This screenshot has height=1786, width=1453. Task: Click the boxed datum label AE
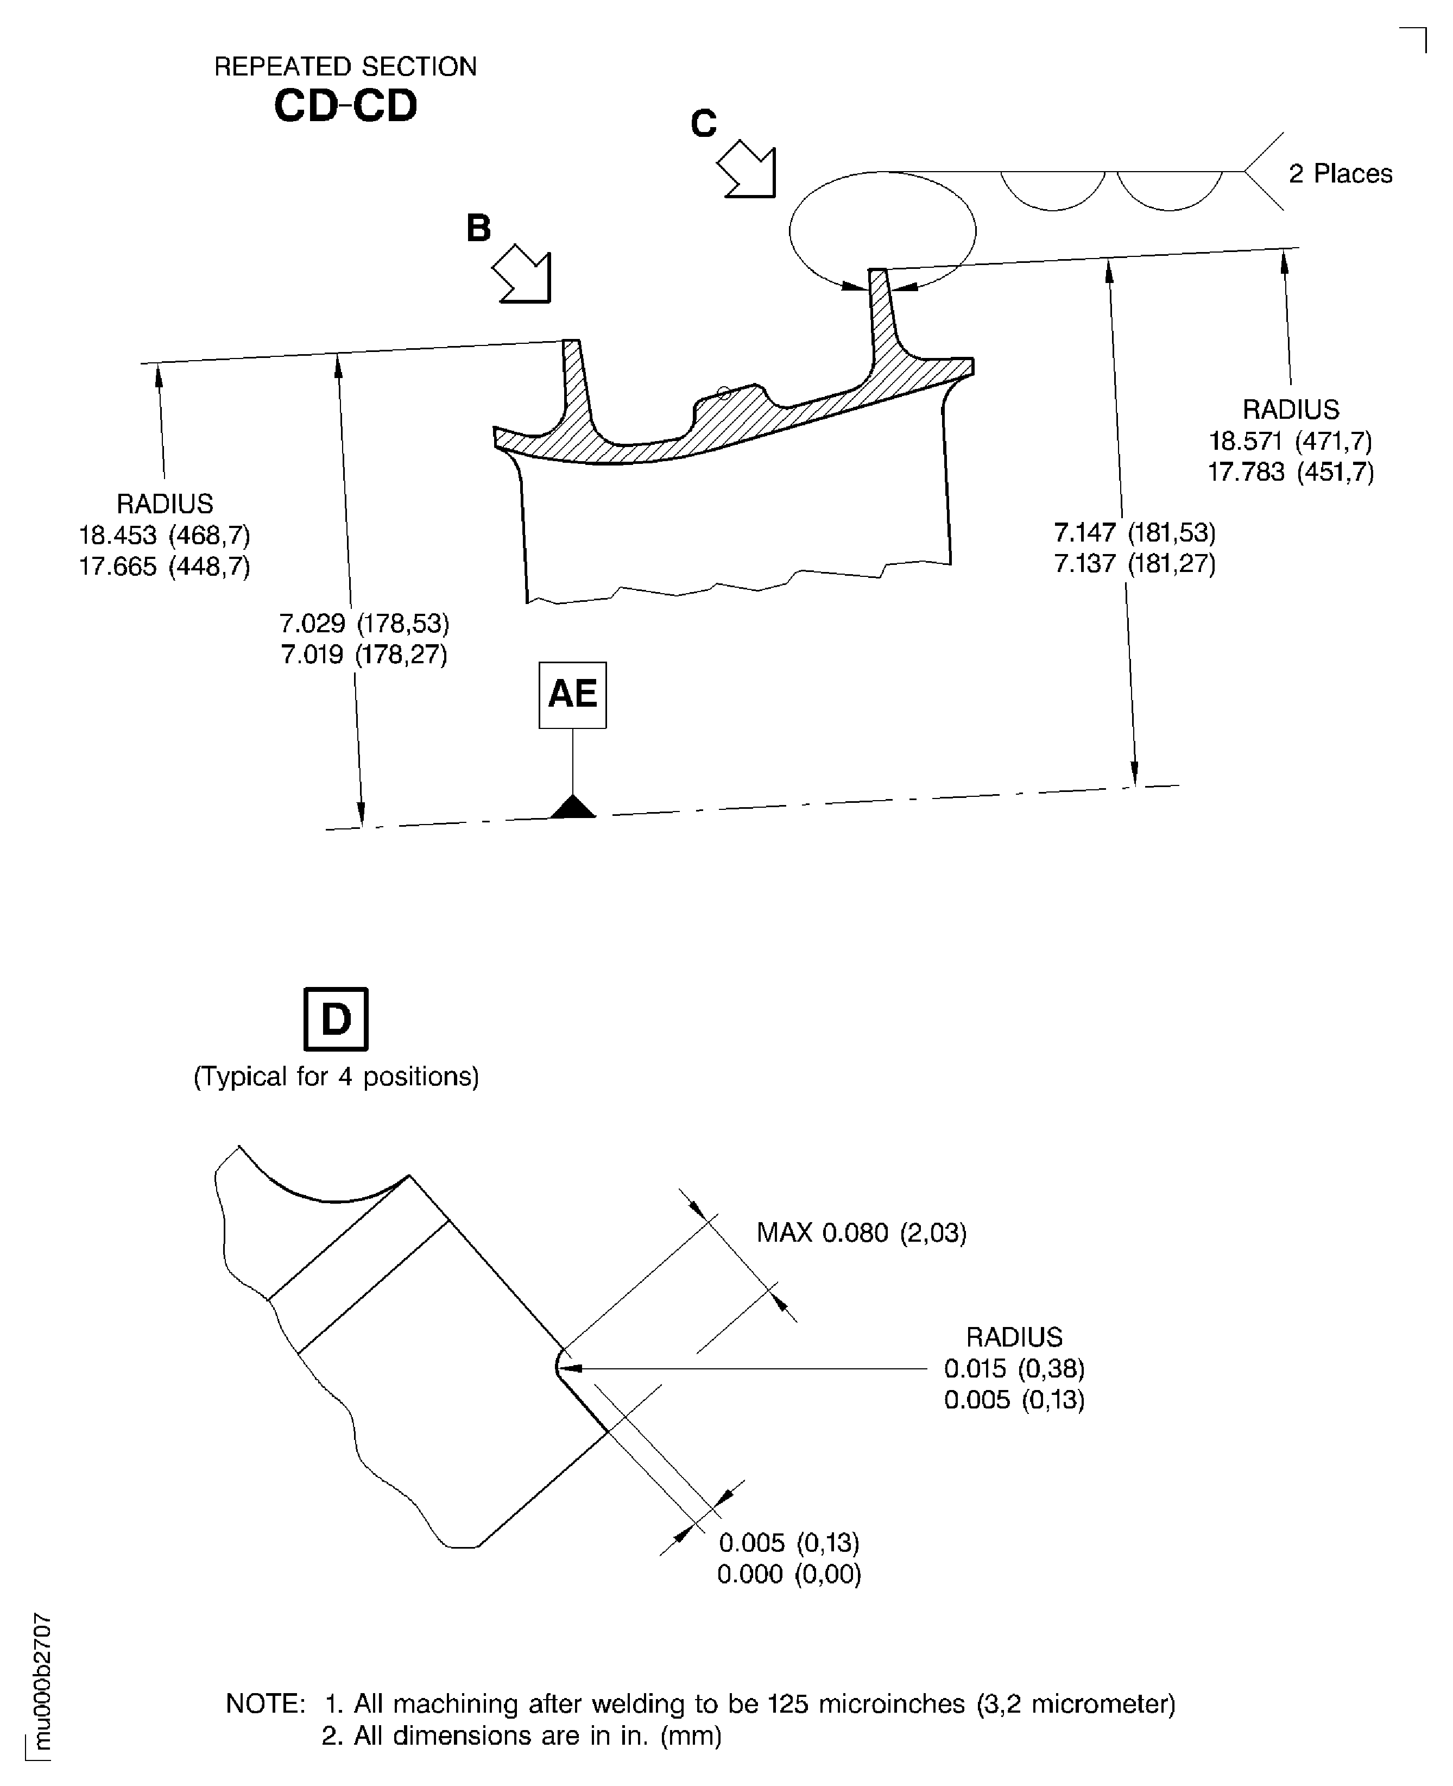[x=572, y=694]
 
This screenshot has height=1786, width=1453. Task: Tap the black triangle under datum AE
[x=573, y=807]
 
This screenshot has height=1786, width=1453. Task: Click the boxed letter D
[x=335, y=1019]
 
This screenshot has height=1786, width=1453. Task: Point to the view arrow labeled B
[x=524, y=273]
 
